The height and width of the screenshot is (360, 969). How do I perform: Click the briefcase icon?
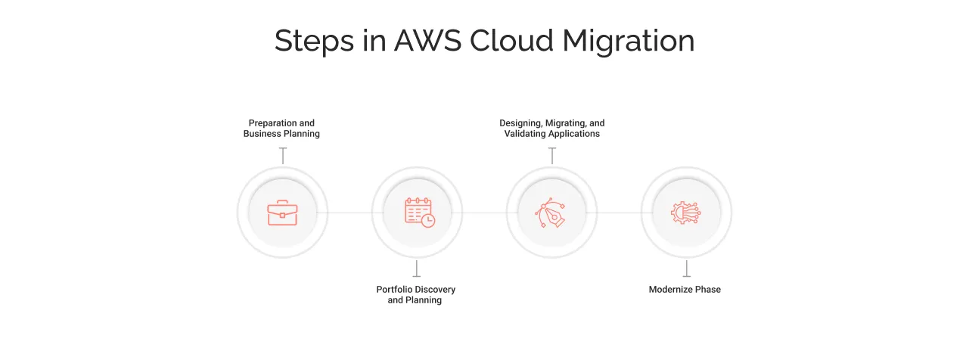282,213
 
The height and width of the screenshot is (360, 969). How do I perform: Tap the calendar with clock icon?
419,213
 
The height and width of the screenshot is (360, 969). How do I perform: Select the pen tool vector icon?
551,213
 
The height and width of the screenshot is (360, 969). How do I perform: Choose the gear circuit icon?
685,213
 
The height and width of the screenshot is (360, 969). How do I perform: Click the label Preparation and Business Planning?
281,129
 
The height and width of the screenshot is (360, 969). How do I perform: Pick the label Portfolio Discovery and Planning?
415,295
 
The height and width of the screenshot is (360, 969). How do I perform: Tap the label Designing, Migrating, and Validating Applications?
551,129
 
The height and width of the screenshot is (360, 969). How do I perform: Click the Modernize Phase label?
685,290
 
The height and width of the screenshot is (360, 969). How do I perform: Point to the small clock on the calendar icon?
428,220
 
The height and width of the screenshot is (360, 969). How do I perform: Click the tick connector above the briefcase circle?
282,156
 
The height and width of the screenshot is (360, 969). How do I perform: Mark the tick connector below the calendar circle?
416,268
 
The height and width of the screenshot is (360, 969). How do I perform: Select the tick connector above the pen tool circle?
551,156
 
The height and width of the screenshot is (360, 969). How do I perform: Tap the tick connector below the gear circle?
686,268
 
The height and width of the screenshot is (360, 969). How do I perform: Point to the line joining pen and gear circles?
619,213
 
